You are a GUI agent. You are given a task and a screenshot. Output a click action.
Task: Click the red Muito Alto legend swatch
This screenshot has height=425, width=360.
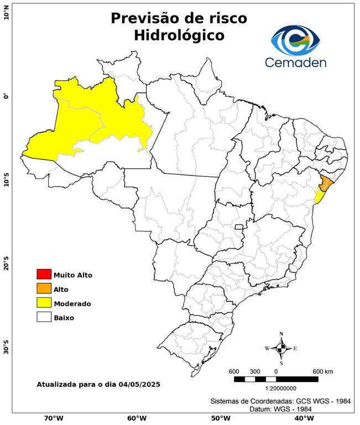click(x=44, y=274)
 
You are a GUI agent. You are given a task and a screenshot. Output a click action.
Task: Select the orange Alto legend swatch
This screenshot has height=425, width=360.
click(x=44, y=288)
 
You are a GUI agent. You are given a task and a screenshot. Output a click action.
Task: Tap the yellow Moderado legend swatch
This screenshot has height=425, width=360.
click(x=44, y=303)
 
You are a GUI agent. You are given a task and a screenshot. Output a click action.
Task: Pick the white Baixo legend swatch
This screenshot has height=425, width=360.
click(x=44, y=317)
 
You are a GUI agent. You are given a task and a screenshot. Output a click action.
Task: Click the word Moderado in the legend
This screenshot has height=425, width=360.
click(x=72, y=303)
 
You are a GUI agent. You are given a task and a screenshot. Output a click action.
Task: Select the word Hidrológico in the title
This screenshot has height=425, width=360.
click(x=179, y=35)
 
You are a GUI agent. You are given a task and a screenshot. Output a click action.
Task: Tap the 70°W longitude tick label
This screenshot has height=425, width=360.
click(x=53, y=418)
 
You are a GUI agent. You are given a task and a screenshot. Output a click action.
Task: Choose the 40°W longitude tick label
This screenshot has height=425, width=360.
click(x=302, y=418)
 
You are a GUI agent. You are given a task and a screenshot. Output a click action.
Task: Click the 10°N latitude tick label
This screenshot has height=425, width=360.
click(x=6, y=12)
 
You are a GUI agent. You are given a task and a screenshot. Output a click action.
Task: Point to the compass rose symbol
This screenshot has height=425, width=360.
click(x=281, y=348)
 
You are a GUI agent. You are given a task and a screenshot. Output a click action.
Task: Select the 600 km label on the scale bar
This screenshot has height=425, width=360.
click(x=323, y=371)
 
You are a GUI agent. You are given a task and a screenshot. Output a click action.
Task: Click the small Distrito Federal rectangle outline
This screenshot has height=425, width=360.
click(x=239, y=227)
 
